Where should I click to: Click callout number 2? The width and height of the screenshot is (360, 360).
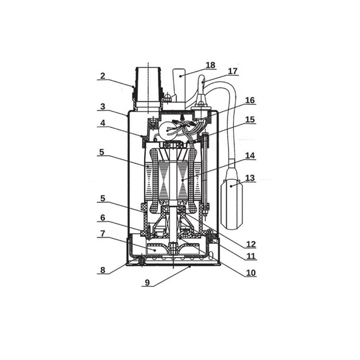[102, 76]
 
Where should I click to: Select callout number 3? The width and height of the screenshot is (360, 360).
[102, 107]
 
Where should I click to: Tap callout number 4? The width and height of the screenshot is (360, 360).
[102, 123]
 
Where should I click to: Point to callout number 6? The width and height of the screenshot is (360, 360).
[102, 217]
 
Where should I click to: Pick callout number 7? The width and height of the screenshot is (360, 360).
[102, 234]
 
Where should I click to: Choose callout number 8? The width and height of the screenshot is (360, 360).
[102, 270]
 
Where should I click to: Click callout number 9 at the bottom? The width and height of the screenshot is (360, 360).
[147, 282]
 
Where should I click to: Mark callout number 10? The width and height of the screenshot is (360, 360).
[251, 272]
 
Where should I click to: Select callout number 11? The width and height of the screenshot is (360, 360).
[251, 256]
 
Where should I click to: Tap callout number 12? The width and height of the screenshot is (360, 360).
[251, 244]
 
